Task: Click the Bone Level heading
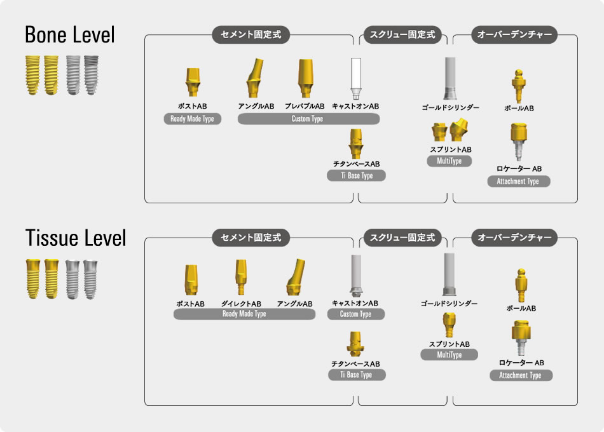click(70, 35)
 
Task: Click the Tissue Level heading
click(76, 238)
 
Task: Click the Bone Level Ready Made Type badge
click(193, 119)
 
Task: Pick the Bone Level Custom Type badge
click(308, 119)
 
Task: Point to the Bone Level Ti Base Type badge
click(356, 176)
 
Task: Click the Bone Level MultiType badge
click(450, 161)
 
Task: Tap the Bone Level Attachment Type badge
click(519, 181)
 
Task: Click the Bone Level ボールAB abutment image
click(519, 86)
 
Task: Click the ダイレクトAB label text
click(242, 304)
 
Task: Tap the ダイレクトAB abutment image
click(241, 278)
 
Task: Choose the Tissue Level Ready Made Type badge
click(244, 314)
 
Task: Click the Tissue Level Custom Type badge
click(356, 314)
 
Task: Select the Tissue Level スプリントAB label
click(449, 344)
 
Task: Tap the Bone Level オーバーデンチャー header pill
click(515, 35)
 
